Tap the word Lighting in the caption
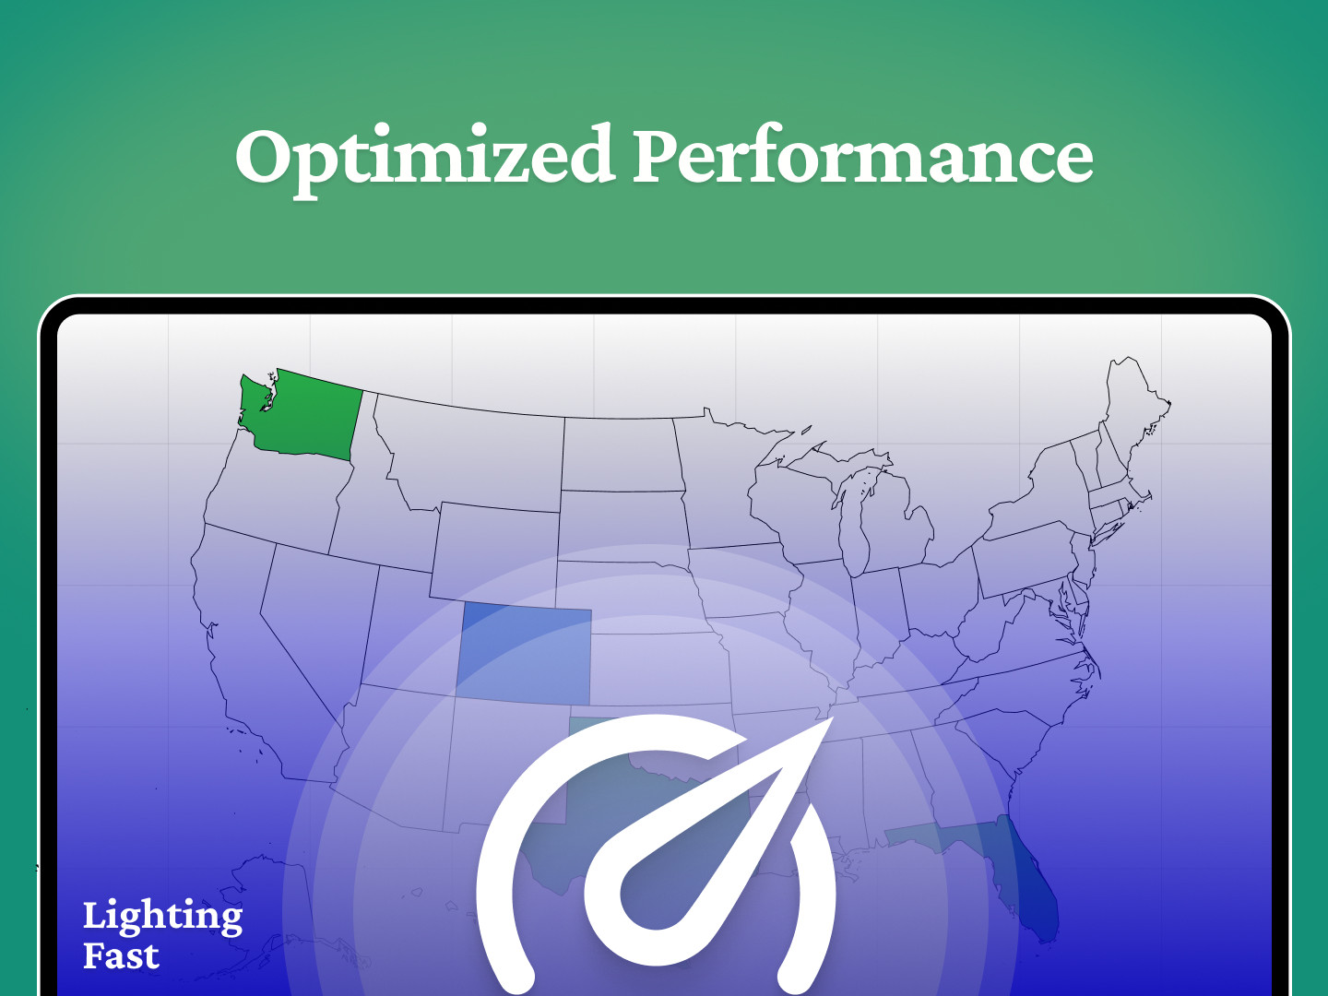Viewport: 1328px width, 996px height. point(162,917)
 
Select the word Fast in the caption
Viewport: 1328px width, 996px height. point(121,956)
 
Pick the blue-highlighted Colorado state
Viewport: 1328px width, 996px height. point(524,653)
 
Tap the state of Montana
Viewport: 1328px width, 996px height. point(470,456)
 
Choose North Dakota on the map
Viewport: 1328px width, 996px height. point(620,454)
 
